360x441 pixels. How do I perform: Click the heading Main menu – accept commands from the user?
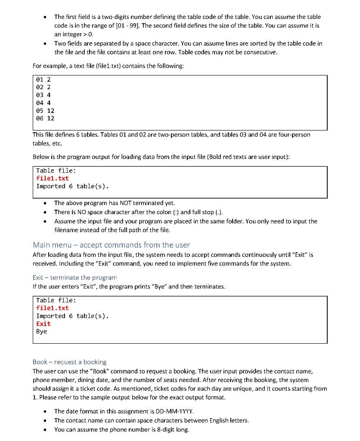(x=111, y=245)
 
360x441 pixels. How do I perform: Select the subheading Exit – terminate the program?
(x=75, y=277)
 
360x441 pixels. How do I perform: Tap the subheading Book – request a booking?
(x=69, y=362)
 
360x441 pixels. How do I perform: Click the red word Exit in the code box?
(x=43, y=323)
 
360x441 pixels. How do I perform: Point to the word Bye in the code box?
(x=41, y=331)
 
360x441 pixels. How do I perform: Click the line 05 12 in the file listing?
(x=45, y=110)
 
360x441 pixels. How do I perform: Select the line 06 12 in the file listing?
(x=45, y=118)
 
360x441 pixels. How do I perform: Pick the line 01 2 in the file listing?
(x=43, y=80)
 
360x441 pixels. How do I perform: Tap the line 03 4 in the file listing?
(x=43, y=95)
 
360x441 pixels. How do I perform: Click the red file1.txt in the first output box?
(x=52, y=178)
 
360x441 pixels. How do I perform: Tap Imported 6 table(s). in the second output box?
(x=72, y=316)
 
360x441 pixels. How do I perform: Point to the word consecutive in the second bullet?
(x=261, y=52)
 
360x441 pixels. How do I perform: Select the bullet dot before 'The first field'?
(x=45, y=17)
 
